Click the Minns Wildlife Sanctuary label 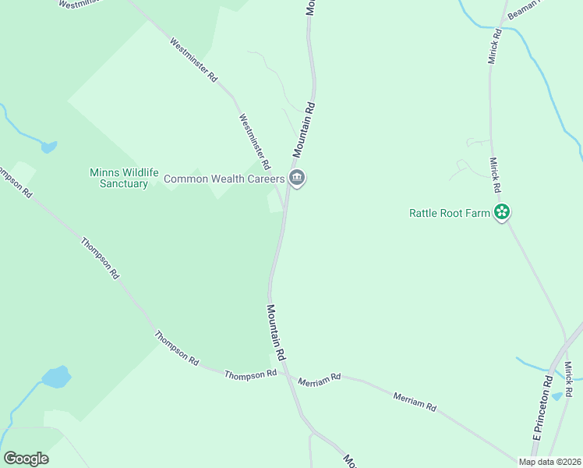[x=118, y=178]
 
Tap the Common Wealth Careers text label [x=224, y=179]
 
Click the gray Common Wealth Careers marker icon [x=297, y=178]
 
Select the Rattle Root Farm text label [x=450, y=212]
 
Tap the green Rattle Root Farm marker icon [x=502, y=211]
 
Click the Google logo [x=26, y=459]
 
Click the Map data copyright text [x=549, y=462]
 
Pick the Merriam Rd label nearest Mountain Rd [x=320, y=378]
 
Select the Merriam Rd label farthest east [x=415, y=402]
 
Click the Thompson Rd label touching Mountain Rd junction [x=251, y=374]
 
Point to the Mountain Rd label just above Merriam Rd [x=277, y=331]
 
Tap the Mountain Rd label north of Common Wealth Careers [x=304, y=128]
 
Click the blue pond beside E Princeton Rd [x=556, y=396]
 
